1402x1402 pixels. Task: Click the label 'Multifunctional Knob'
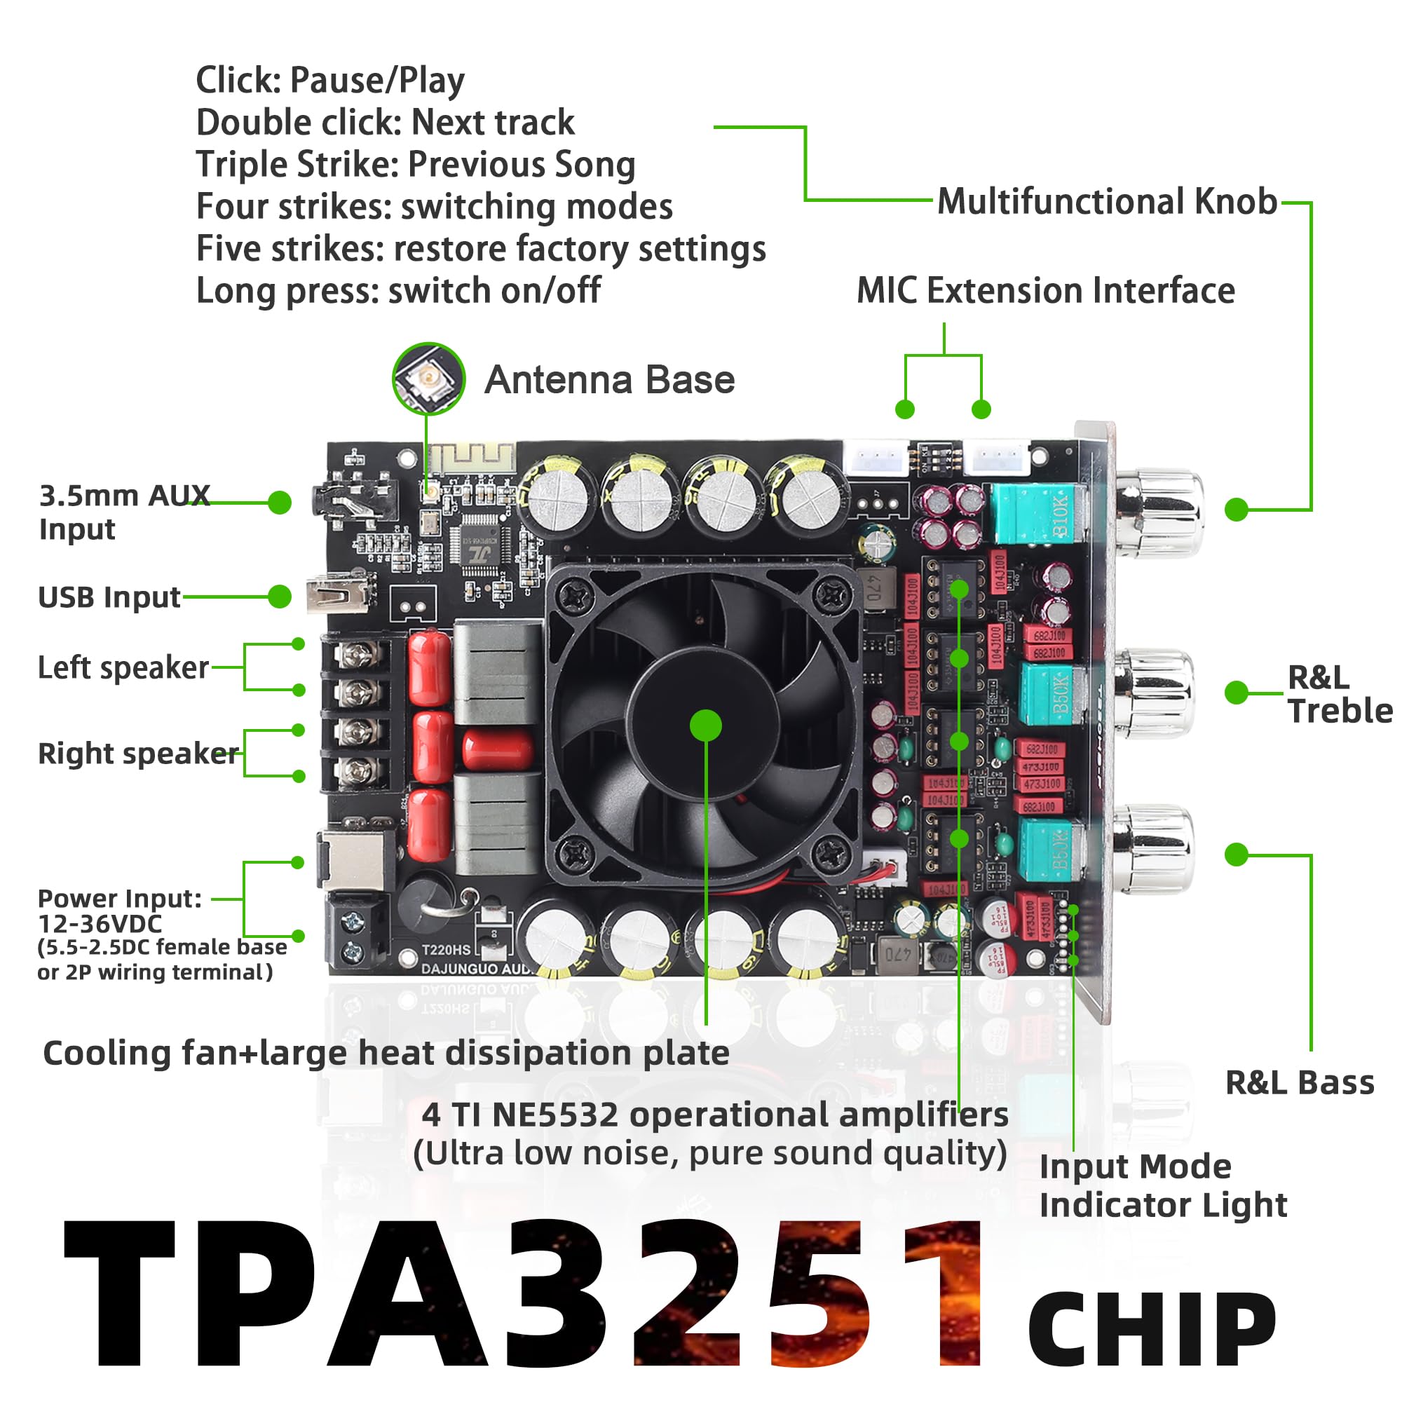(x=1106, y=202)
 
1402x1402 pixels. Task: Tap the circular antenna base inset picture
(x=428, y=378)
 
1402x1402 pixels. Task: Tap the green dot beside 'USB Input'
(x=280, y=597)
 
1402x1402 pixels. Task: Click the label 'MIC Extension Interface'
(x=1045, y=291)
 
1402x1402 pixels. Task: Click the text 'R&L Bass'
(x=1299, y=1083)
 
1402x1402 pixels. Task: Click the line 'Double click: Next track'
(x=385, y=123)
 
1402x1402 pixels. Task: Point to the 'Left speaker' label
(x=123, y=667)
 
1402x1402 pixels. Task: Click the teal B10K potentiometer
(x=1037, y=514)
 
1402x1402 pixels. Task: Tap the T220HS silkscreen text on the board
(x=446, y=949)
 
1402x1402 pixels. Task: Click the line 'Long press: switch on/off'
(x=397, y=291)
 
